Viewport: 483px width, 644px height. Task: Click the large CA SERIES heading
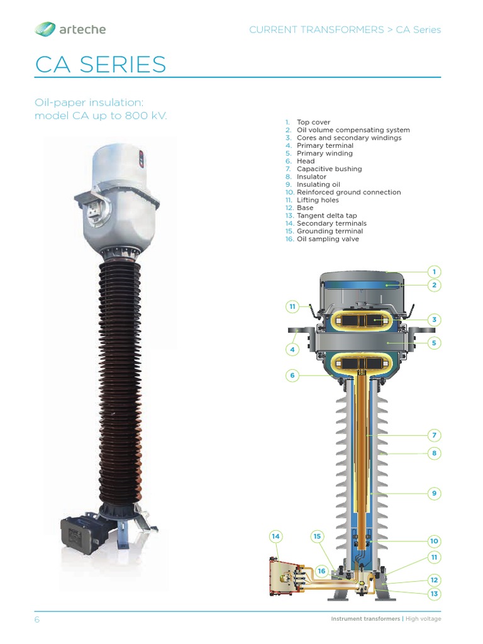coord(101,64)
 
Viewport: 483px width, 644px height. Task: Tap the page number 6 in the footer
coord(36,619)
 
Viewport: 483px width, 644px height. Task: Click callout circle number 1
coord(434,272)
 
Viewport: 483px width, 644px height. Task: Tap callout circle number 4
coord(292,349)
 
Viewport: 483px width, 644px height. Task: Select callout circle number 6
coord(292,376)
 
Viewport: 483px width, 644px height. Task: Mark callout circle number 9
coord(434,494)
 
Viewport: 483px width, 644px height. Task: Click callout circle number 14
coord(275,536)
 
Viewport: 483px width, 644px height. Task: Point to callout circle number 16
coord(322,571)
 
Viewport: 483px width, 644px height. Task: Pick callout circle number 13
coord(434,594)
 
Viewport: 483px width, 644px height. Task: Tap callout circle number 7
coord(434,435)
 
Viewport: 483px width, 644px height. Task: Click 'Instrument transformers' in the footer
coord(365,619)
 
